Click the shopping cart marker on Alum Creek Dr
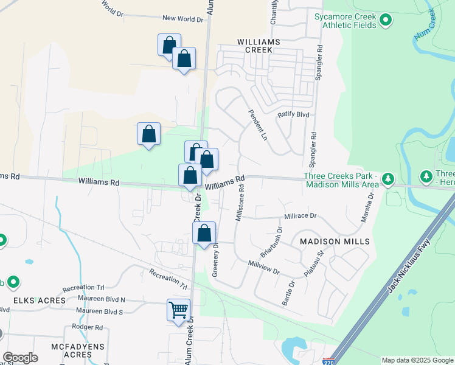178,310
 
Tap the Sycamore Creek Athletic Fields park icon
385,21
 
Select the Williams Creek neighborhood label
259,45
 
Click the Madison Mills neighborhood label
335,242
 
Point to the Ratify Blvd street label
294,114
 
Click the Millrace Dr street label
300,216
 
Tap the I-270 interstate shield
329,361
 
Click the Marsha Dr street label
366,207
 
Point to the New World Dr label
182,19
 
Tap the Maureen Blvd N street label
97,300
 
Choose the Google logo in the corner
20,358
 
